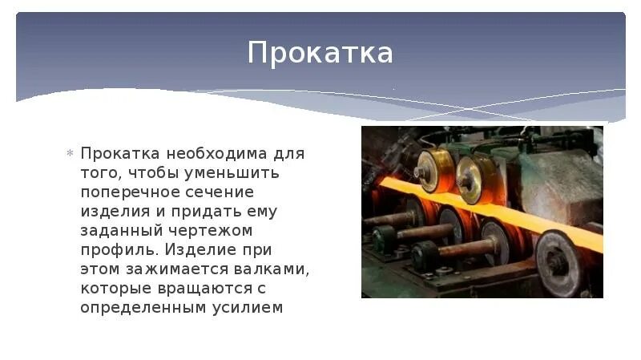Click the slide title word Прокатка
(320, 54)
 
